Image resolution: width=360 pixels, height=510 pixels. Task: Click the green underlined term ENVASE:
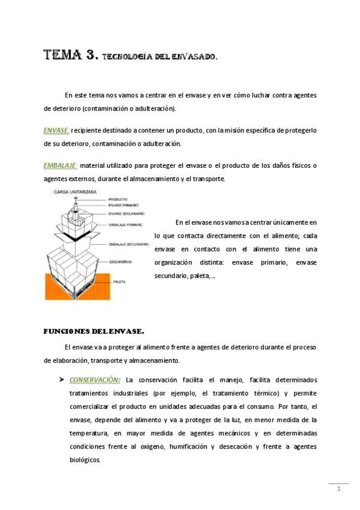[57, 131]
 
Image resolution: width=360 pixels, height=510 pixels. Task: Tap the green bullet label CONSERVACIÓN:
[95, 380]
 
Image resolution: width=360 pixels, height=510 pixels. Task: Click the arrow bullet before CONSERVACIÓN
[61, 380]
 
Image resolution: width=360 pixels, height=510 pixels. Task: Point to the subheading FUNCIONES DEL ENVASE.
[94, 331]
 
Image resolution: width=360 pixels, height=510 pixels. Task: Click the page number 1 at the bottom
[338, 488]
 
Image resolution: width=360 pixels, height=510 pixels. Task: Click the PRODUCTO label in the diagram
[119, 200]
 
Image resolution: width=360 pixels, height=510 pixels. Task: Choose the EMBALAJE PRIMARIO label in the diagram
[126, 225]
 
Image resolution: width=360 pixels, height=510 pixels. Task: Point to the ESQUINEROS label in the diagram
[120, 262]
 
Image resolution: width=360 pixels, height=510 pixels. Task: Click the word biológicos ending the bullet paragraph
[85, 459]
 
